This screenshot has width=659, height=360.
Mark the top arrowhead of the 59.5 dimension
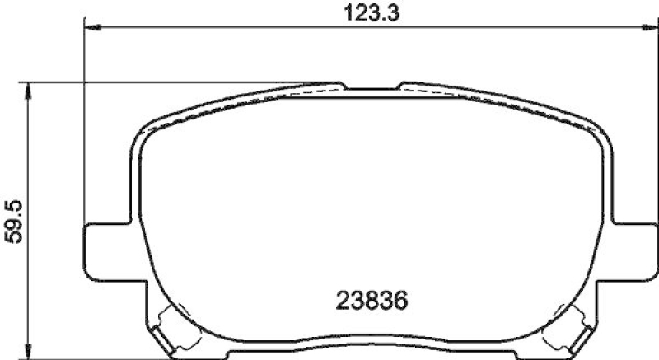coord(30,88)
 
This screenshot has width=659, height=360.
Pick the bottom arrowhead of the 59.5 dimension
coord(30,347)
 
